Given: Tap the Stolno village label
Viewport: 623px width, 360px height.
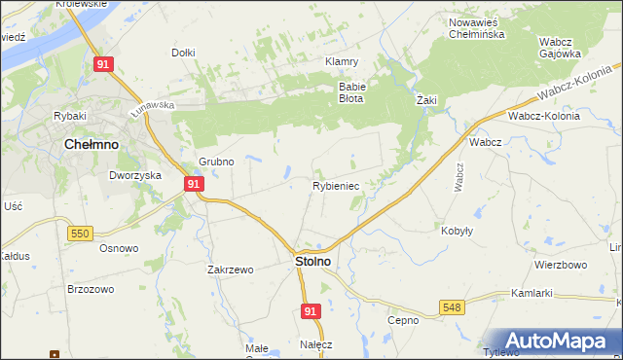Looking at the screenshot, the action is click(x=311, y=262).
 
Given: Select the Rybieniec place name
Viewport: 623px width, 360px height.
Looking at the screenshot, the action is click(x=336, y=185).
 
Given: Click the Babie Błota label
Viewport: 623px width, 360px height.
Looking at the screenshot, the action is click(x=350, y=91).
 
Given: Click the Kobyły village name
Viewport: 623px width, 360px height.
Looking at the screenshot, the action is click(x=458, y=231).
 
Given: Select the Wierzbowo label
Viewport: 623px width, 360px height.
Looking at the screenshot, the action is click(x=561, y=265).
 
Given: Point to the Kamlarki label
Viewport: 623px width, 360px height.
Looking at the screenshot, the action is click(x=531, y=293).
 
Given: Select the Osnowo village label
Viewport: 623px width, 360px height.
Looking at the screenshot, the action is click(x=119, y=247).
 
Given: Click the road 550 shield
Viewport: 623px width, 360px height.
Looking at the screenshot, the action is click(x=81, y=233).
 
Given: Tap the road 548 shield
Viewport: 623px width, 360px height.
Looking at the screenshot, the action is click(x=453, y=307).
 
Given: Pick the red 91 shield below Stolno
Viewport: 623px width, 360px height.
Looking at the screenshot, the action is click(x=310, y=310).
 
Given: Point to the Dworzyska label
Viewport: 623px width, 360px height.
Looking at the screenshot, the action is click(x=133, y=176).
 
